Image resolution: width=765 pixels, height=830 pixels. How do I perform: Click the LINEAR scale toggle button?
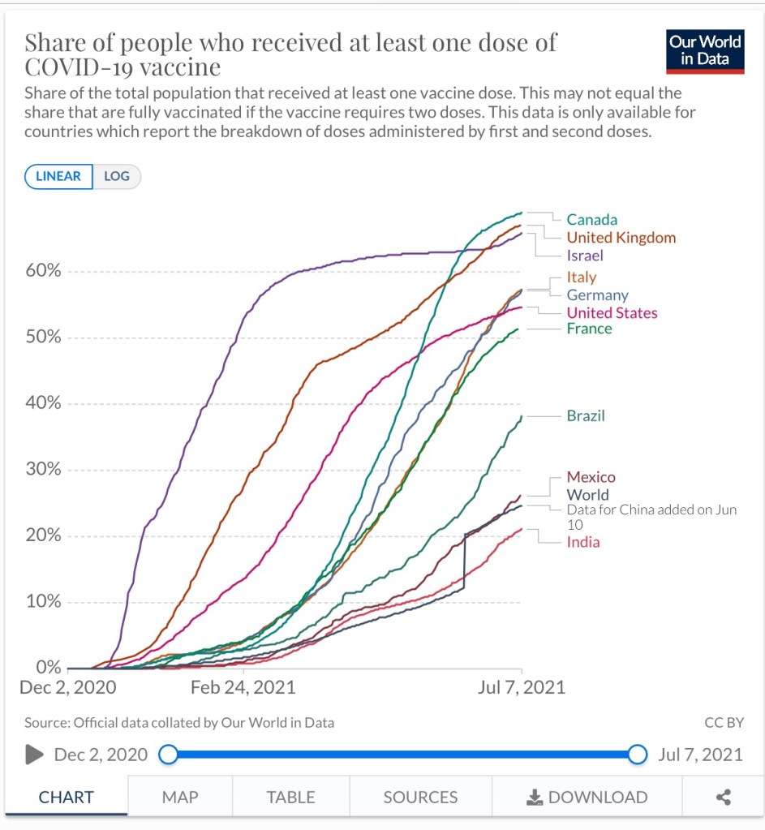58,177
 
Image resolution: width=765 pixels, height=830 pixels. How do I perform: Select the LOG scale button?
117,177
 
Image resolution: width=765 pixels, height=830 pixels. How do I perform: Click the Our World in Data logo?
705,50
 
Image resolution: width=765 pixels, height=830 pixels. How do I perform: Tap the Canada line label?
591,220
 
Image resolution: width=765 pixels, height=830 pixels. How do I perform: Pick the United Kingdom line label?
621,238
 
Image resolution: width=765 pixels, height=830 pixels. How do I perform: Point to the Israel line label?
585,256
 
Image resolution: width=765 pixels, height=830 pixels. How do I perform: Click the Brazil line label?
586,416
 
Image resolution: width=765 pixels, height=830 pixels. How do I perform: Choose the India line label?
583,542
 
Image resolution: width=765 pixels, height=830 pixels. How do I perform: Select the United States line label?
612,313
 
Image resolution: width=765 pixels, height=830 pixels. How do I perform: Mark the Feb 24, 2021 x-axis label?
243,688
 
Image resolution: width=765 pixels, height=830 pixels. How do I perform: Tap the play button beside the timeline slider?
34,755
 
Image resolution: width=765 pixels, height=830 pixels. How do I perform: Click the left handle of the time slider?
168,755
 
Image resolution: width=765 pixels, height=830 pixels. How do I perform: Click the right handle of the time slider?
638,755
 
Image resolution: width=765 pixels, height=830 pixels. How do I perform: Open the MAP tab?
179,798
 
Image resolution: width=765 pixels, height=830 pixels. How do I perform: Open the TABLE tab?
290,798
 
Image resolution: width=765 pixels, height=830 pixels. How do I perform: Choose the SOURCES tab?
420,798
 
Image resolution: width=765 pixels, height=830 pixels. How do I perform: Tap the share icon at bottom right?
724,798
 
